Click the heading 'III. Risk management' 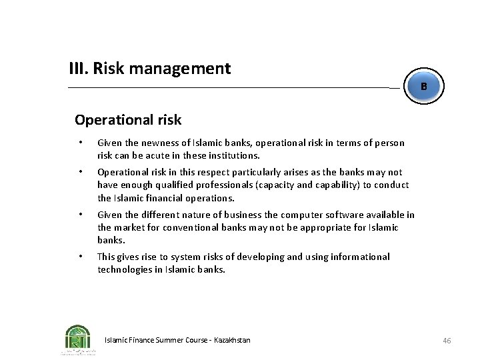pyautogui.click(x=150, y=69)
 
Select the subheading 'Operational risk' pyautogui.click(x=128, y=120)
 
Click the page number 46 pyautogui.click(x=447, y=341)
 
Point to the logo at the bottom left pyautogui.click(x=79, y=339)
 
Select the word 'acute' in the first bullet pyautogui.click(x=167, y=155)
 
